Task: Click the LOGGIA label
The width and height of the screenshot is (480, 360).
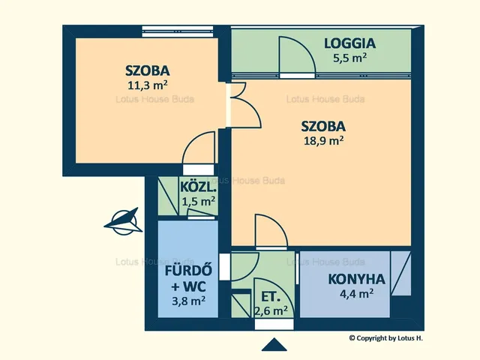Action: click(350, 43)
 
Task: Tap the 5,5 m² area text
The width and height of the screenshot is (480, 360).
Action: click(350, 58)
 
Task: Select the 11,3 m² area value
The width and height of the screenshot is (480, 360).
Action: click(148, 85)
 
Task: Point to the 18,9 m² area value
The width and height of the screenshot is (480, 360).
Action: click(323, 140)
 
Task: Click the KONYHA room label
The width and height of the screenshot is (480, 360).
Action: click(357, 279)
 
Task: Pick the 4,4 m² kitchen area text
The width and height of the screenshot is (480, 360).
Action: click(357, 293)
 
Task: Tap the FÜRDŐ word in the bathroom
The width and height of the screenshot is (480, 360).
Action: click(188, 271)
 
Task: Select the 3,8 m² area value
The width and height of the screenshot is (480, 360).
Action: click(188, 301)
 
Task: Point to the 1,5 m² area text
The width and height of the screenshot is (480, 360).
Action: click(198, 202)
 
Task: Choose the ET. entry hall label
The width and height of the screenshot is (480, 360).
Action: click(271, 297)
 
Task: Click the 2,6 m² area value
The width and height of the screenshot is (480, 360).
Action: click(271, 311)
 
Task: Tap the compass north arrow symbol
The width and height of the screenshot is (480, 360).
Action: click(124, 222)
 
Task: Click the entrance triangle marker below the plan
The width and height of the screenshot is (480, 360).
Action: click(274, 344)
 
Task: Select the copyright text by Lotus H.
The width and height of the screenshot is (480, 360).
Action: click(386, 338)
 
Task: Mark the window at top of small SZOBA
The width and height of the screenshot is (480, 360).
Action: click(178, 31)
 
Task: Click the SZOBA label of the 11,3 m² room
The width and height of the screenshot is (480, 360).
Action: click(148, 70)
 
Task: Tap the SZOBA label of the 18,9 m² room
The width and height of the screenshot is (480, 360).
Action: click(323, 126)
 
